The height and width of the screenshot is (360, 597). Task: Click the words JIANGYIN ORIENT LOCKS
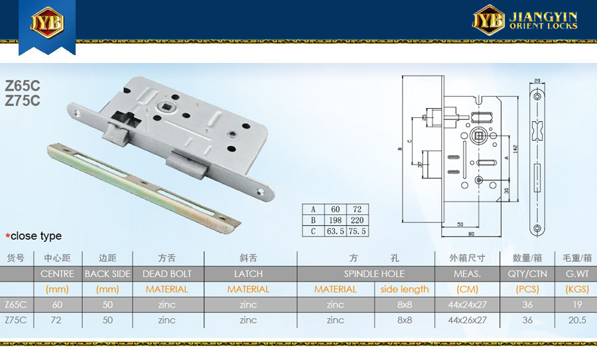click(x=543, y=21)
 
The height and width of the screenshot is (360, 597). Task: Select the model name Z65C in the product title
click(x=23, y=86)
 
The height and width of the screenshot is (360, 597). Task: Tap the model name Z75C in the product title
click(x=23, y=101)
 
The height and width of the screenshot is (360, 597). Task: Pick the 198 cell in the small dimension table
click(x=336, y=220)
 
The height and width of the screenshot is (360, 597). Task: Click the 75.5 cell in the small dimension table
click(x=358, y=231)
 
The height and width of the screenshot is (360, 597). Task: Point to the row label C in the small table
click(x=312, y=231)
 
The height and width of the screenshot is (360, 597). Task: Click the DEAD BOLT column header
click(x=167, y=273)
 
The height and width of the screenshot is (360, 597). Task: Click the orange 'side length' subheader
click(x=405, y=289)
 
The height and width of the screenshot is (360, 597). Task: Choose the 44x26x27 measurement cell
click(x=468, y=320)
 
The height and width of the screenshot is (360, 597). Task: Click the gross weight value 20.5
click(x=577, y=320)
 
